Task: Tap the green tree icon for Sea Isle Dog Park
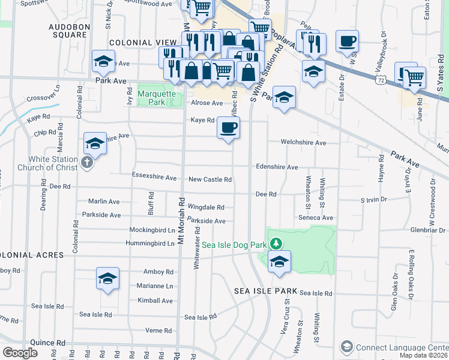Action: tap(276, 243)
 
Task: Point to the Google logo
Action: tap(20, 352)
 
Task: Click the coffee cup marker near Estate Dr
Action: tap(347, 41)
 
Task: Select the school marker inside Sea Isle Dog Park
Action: tap(278, 262)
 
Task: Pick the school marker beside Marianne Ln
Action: tap(107, 279)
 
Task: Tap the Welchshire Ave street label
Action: tap(304, 143)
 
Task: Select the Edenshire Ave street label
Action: tap(277, 167)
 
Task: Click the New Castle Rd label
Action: tap(209, 179)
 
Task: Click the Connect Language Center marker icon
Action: tap(346, 347)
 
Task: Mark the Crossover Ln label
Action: tap(44, 98)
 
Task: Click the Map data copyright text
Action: tap(423, 355)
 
